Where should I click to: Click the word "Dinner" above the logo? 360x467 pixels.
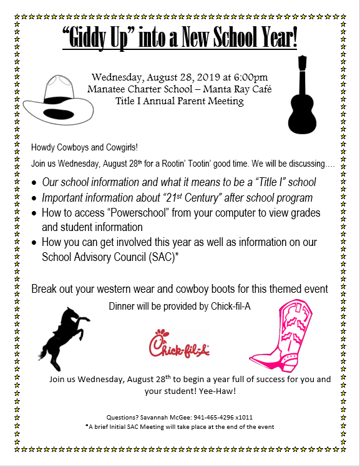click(122, 307)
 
